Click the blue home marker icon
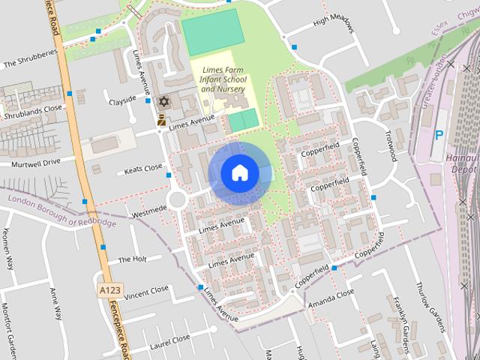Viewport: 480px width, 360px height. click(x=239, y=173)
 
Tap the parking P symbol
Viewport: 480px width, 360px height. click(x=439, y=136)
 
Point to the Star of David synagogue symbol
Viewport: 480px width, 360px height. click(x=163, y=101)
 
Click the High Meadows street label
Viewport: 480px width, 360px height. click(x=332, y=25)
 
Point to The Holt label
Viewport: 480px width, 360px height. click(x=132, y=260)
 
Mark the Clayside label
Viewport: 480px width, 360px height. click(x=122, y=99)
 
